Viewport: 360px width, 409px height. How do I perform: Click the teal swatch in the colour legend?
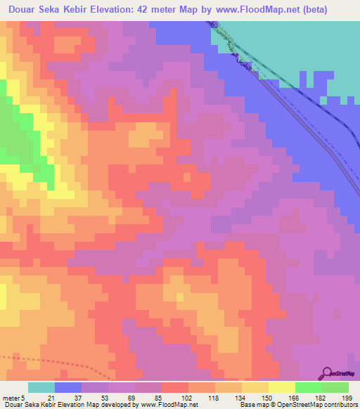[41, 387]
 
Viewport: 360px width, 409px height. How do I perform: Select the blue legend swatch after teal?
[68, 387]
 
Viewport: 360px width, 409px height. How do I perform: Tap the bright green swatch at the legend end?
[335, 387]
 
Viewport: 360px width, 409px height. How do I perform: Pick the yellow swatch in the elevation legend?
[282, 387]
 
